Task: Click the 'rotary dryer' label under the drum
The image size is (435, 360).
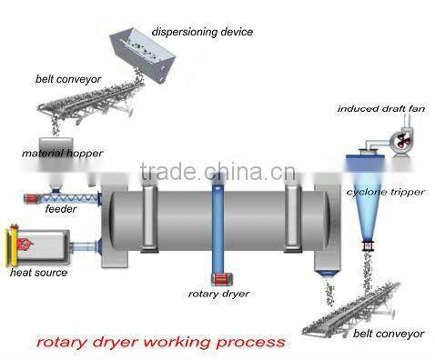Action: [x=217, y=294]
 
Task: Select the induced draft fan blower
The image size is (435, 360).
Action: [x=398, y=139]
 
